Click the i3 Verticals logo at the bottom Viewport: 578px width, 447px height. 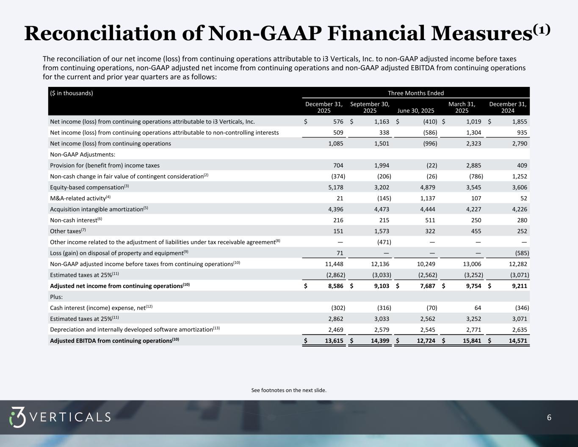pyautogui.click(x=60, y=417)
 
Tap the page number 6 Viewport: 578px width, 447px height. pyautogui.click(x=549, y=418)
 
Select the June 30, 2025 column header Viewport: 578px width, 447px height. pyautogui.click(x=416, y=111)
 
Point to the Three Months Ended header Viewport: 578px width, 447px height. pyautogui.click(x=416, y=93)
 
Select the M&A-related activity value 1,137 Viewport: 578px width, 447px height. pyautogui.click(x=426, y=198)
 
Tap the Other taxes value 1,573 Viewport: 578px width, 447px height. pyautogui.click(x=380, y=231)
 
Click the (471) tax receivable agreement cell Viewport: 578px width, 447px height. pyautogui.click(x=384, y=242)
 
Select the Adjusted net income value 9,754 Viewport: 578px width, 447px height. pyautogui.click(x=472, y=286)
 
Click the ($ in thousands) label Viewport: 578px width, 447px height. pyautogui.click(x=72, y=93)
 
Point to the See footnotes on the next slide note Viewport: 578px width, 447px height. pyautogui.click(x=289, y=390)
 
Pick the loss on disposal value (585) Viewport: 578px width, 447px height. pyautogui.click(x=521, y=253)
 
